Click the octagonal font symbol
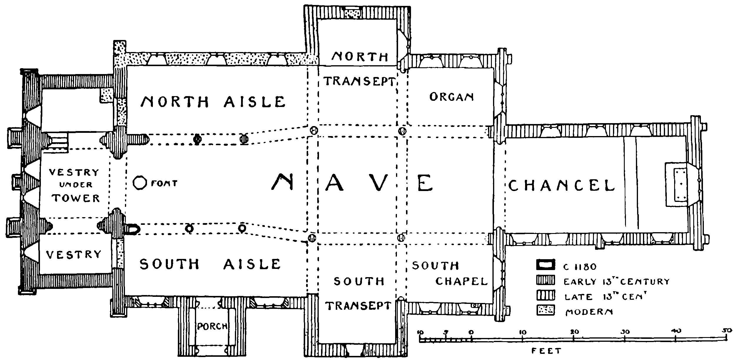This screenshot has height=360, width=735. click(139, 183)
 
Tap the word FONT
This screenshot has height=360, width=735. click(164, 184)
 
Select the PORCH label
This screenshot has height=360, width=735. click(212, 326)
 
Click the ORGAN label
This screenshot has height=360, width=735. click(452, 97)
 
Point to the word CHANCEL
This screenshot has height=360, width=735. click(561, 186)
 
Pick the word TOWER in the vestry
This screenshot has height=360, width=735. click(76, 198)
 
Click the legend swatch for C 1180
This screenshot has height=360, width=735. click(545, 264)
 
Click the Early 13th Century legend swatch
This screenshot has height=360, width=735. click(545, 280)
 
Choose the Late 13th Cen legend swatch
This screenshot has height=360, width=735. click(545, 295)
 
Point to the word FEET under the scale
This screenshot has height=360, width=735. click(547, 351)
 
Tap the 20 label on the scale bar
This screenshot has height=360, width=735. click(574, 332)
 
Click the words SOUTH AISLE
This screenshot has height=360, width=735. click(210, 264)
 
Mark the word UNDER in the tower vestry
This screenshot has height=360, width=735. click(76, 185)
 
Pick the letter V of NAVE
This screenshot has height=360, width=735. click(378, 182)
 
